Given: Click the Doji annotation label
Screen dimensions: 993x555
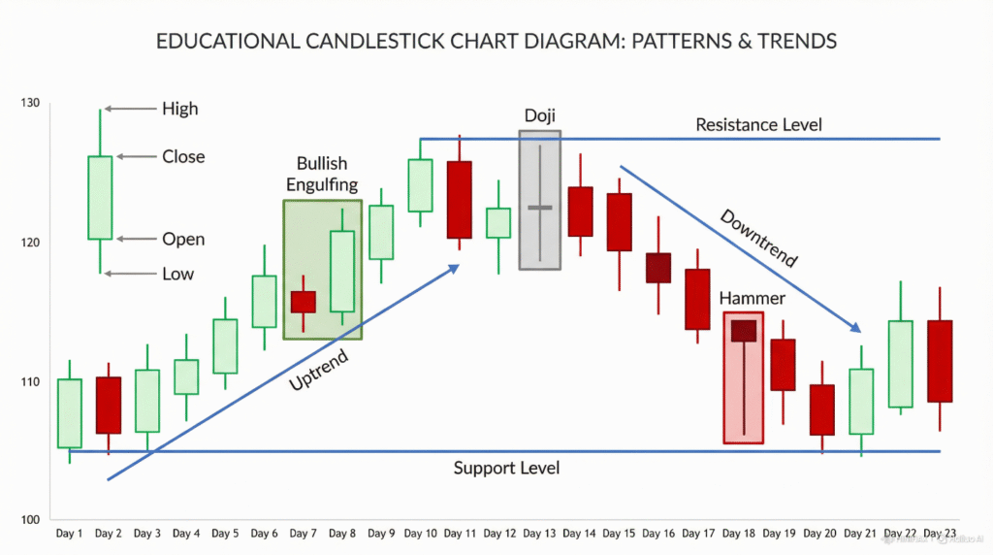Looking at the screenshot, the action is (x=539, y=115).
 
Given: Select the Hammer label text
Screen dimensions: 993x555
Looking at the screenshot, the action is (x=752, y=298).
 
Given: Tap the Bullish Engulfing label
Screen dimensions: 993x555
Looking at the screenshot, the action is (x=322, y=174).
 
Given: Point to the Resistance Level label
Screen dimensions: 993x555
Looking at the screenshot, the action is (x=758, y=125).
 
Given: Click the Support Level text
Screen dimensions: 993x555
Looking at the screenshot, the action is (x=506, y=469).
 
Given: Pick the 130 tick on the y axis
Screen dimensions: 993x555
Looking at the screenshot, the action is (x=30, y=103).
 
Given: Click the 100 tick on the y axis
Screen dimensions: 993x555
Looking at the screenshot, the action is (x=30, y=519).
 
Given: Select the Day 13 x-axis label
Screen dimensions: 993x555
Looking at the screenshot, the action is (x=539, y=534).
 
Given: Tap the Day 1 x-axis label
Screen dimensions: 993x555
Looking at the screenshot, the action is (x=69, y=534).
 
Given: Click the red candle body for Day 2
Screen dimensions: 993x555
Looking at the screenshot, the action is (x=109, y=406).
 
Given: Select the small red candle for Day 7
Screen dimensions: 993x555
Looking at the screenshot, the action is (x=304, y=302).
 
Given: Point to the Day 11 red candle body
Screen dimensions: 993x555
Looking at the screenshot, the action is (x=459, y=200).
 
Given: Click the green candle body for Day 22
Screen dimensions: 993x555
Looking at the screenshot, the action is (x=901, y=364).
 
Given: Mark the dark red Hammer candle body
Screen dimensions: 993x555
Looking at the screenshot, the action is (x=744, y=331).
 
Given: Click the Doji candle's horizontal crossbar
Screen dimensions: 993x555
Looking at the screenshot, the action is (x=540, y=208).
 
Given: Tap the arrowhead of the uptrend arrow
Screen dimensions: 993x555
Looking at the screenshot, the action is (x=454, y=270).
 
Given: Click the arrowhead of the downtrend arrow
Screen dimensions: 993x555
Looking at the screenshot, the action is (x=855, y=327).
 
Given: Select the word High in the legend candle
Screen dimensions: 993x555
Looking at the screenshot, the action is (x=179, y=109).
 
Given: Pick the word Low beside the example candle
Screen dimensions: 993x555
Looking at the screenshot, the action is (x=178, y=274).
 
